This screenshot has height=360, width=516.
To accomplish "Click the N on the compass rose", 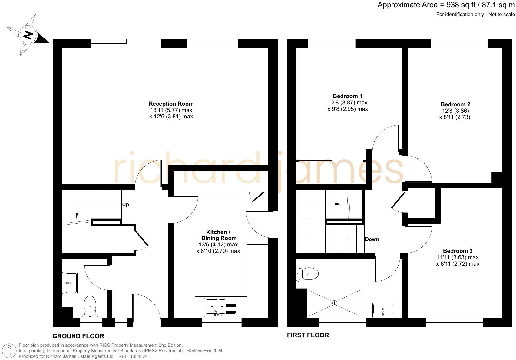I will pos(28,35).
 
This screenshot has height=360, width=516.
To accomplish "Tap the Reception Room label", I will pos(171,104).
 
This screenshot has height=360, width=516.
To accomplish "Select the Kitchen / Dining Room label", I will pos(219,235).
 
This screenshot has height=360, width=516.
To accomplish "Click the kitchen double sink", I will pos(221,307).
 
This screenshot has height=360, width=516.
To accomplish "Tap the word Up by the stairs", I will pos(125,205).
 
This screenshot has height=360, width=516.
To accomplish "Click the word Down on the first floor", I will pos(372,239).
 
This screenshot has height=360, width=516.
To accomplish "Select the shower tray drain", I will pos(334,303).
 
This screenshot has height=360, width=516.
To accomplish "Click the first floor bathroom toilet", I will pos(308,274).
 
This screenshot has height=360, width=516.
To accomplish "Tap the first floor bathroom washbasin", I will pos(383,310).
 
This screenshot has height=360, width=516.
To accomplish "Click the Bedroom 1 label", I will pos(347,96).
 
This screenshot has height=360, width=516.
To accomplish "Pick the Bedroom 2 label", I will pos(455,104).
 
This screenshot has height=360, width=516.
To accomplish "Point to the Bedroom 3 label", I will pos(457,251).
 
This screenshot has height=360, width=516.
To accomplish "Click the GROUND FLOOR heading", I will pos(78,336).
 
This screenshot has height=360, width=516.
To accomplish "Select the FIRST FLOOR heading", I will pos(308,335).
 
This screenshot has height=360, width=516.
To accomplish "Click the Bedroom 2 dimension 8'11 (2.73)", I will pos(455,117).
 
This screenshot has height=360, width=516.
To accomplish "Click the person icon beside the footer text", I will pos(10,351).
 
